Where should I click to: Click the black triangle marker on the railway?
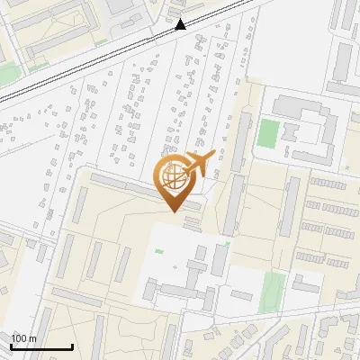point(181,24)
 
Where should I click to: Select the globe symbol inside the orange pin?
point(175,179)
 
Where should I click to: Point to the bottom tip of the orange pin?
point(174,211)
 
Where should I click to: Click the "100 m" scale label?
point(23,338)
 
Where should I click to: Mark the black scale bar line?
point(41,347)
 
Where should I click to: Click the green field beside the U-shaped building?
point(267,134)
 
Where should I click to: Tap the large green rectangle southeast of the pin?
point(273,292)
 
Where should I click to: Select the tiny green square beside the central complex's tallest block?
point(227,244)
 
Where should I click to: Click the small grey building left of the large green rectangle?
point(241,294)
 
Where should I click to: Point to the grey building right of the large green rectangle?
point(306,285)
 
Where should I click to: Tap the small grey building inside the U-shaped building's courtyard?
point(290,131)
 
